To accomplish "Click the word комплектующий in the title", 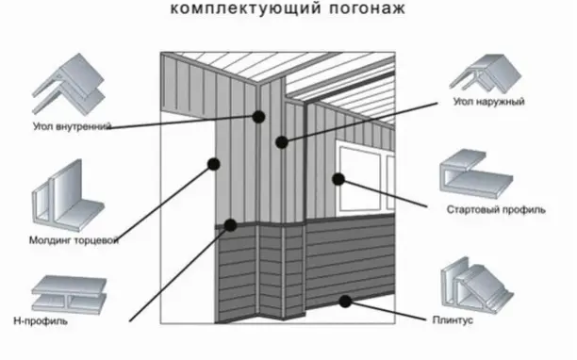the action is click(x=246, y=8).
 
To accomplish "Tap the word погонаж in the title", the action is click(x=368, y=8).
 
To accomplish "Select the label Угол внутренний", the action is click(x=72, y=127).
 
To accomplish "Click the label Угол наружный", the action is click(x=488, y=102).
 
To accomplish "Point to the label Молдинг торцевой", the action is click(x=74, y=240).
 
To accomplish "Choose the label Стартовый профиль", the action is click(x=496, y=209).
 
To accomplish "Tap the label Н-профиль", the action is click(x=41, y=321).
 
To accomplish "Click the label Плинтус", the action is click(x=453, y=320).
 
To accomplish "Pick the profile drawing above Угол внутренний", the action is click(x=69, y=84).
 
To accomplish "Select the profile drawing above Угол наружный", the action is click(x=486, y=73).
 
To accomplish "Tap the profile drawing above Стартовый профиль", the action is click(x=476, y=173).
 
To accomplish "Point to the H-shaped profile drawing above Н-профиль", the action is click(x=69, y=295).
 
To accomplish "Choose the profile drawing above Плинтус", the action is click(x=477, y=282).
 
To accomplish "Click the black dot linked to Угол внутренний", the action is click(x=258, y=117).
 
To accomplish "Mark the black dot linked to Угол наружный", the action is click(x=282, y=142).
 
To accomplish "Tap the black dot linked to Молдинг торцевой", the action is click(x=214, y=164).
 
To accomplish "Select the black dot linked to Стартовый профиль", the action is click(x=338, y=179).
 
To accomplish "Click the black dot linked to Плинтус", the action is click(x=345, y=302).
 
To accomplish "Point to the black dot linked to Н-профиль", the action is click(x=230, y=225).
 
